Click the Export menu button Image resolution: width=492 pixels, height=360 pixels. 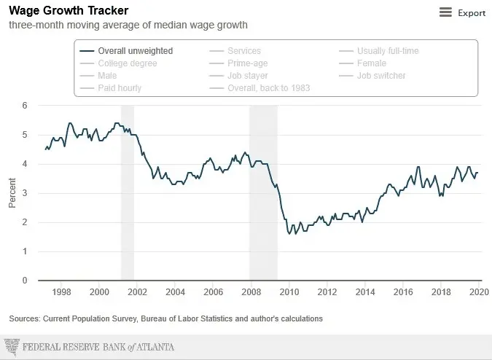[x=463, y=12]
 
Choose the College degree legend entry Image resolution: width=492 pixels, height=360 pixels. [x=127, y=63]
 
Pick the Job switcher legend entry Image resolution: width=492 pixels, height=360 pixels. [x=380, y=76]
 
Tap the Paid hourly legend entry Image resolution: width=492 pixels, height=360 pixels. [x=120, y=88]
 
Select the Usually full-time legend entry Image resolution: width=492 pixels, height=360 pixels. [x=387, y=51]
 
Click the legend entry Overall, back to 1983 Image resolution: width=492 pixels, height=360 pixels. [x=269, y=88]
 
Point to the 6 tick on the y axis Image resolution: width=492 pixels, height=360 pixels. [x=25, y=106]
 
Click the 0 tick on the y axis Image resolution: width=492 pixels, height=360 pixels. [x=25, y=281]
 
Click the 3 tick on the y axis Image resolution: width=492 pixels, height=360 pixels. [x=25, y=193]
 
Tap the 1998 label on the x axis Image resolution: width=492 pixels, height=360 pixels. [x=62, y=292]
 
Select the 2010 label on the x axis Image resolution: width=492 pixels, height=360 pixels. [x=289, y=292]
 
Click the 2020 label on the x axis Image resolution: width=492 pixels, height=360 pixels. [x=478, y=292]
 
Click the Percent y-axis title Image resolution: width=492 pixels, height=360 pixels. [x=12, y=193]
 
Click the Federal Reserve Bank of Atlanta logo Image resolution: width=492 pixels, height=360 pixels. [x=89, y=347]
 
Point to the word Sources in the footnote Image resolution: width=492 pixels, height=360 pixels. [x=24, y=318]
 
